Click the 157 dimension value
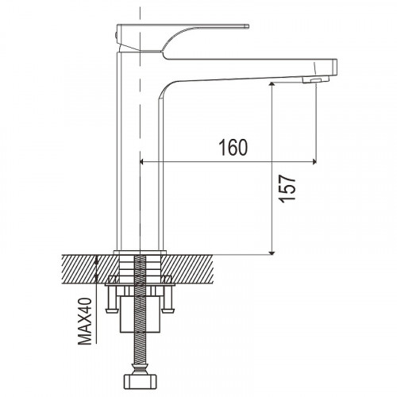point(287,188)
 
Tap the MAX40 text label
point(84,322)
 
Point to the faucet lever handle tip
point(248,26)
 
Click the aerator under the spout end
point(316,79)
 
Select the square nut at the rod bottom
point(141,380)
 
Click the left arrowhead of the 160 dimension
point(141,162)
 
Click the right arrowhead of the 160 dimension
point(314,162)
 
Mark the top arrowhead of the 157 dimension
point(272,84)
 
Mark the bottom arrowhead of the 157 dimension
point(272,253)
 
